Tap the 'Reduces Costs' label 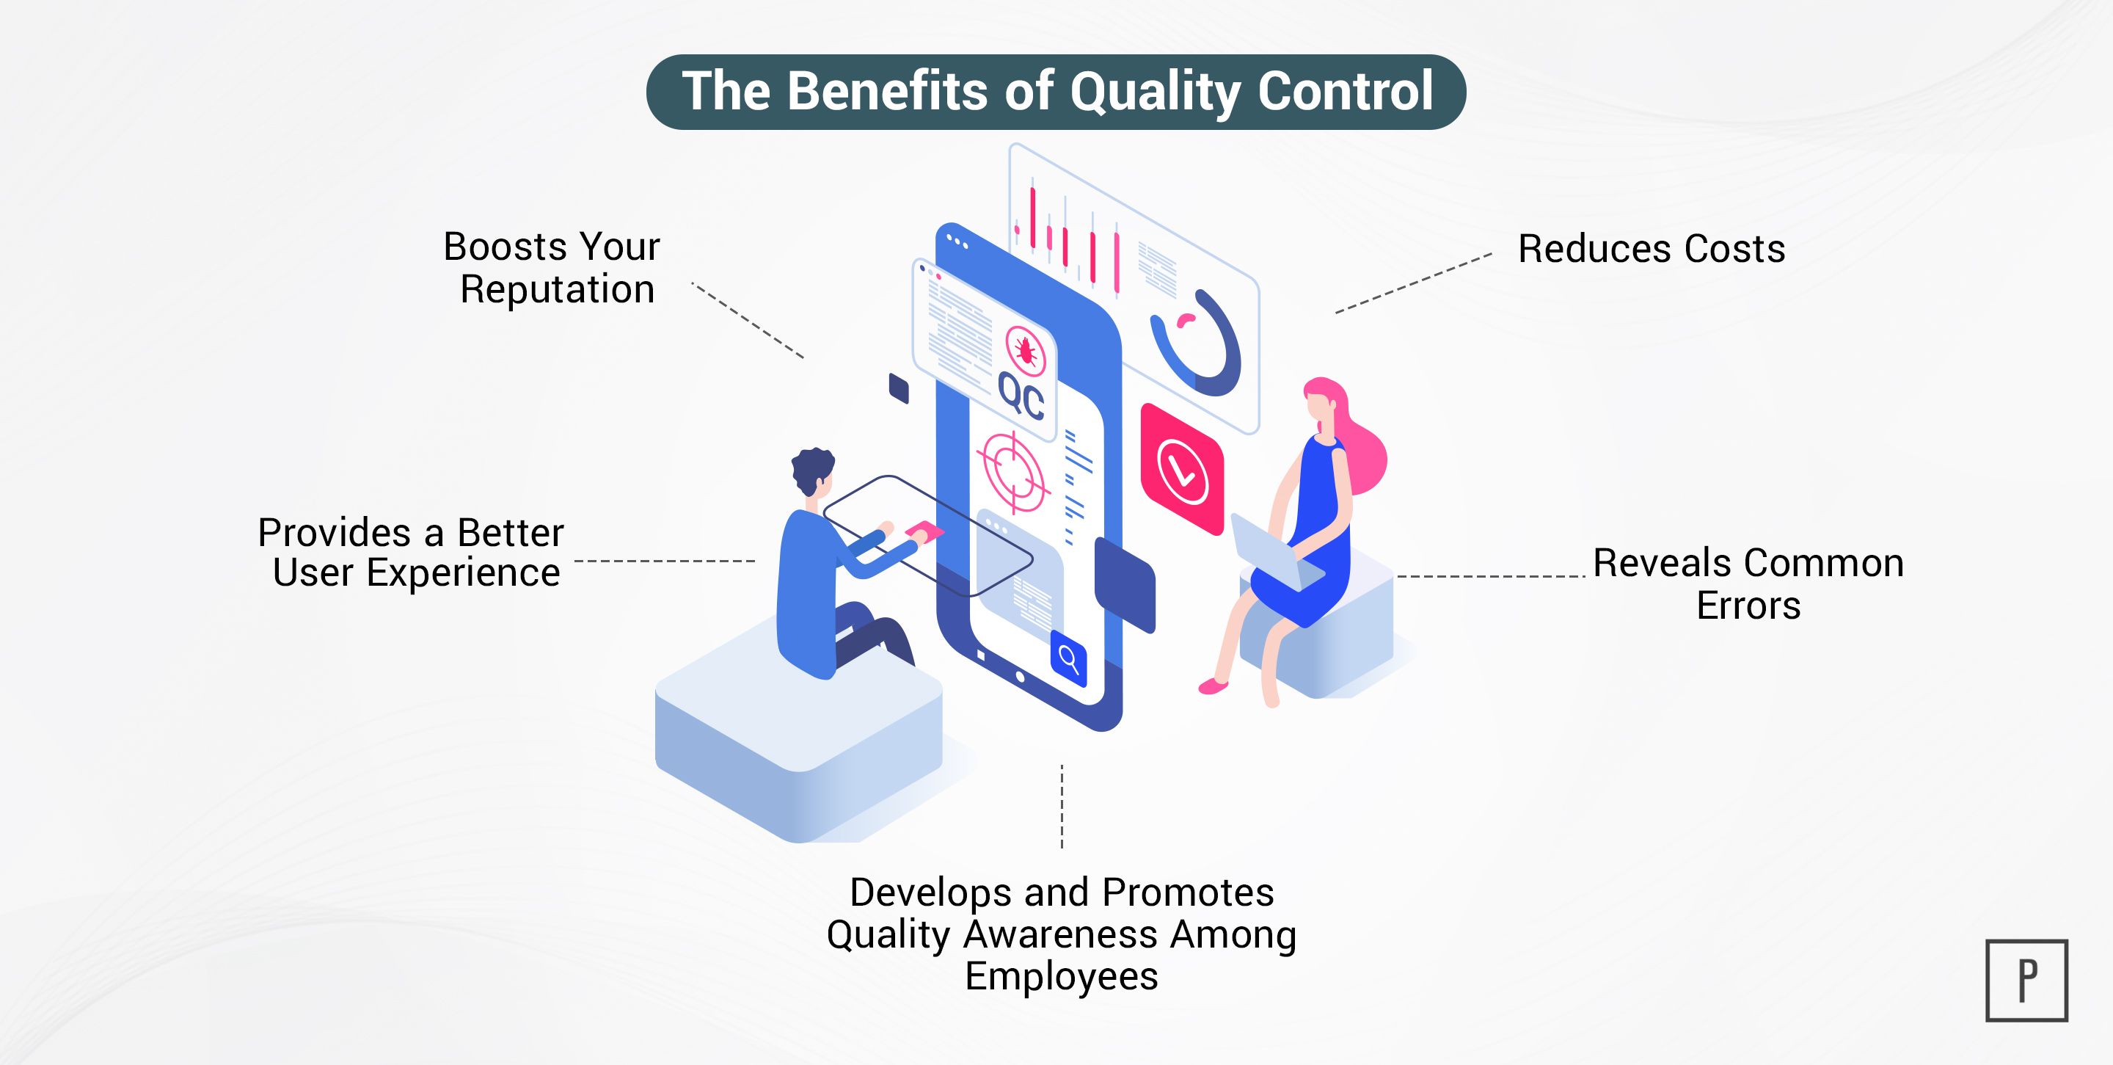tap(1652, 249)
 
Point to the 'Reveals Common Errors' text tap(1748, 584)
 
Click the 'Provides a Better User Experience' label tap(411, 552)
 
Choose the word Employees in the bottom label tap(1062, 976)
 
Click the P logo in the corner tap(2026, 981)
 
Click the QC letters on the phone tap(1021, 398)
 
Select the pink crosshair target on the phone tap(1013, 472)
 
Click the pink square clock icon tap(1182, 468)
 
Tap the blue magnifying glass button tap(1068, 658)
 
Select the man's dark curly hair tap(813, 471)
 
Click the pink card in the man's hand tap(924, 529)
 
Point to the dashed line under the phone tap(1062, 806)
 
